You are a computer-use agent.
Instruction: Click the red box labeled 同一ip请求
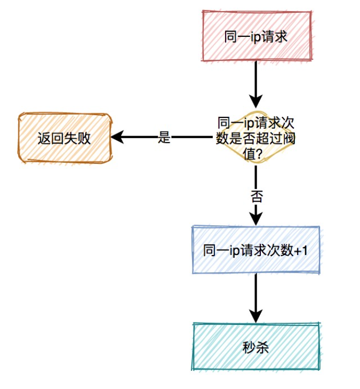click(256, 36)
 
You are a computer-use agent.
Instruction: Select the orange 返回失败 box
click(64, 138)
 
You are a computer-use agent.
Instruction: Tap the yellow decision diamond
click(256, 138)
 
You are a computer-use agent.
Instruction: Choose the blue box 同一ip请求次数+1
click(256, 250)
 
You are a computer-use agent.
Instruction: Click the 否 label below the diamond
click(257, 196)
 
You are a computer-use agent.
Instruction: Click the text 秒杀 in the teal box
click(256, 347)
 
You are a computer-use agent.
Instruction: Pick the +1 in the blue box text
click(301, 250)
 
